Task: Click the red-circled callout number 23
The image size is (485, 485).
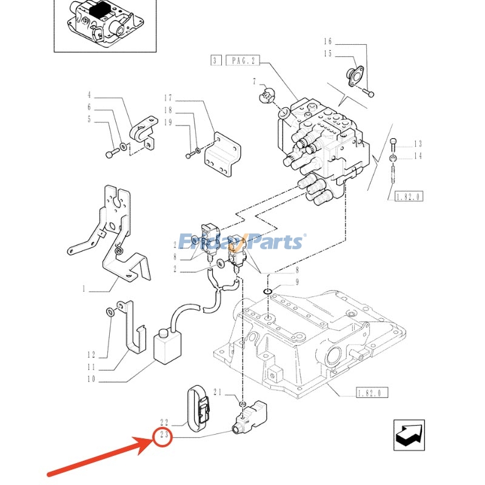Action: click(x=163, y=436)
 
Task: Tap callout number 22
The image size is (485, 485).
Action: click(x=163, y=423)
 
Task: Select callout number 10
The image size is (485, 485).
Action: click(x=92, y=381)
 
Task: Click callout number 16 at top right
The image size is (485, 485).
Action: click(x=328, y=42)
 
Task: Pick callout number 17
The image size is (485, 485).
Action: click(x=168, y=98)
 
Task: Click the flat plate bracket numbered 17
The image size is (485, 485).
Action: click(x=222, y=156)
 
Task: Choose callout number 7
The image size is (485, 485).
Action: click(x=255, y=81)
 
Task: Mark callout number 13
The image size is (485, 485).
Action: click(x=417, y=144)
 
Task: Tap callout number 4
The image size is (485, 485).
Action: click(x=89, y=95)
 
